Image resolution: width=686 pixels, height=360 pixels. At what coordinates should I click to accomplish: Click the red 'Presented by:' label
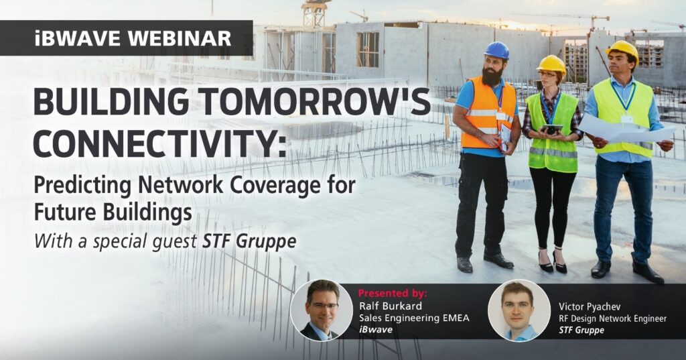pos(393,294)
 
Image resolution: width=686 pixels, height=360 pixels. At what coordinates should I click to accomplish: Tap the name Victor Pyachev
pos(590,306)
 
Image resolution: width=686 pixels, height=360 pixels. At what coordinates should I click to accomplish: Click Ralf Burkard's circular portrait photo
pos(322,310)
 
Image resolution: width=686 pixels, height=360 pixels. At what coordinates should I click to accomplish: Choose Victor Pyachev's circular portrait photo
pos(519,310)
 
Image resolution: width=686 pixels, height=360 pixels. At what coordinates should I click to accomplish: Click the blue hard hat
pos(496,50)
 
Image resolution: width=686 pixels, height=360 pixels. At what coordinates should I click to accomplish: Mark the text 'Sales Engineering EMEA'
pos(414,318)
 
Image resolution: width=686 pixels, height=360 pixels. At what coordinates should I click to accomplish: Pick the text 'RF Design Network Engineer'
pos(612,318)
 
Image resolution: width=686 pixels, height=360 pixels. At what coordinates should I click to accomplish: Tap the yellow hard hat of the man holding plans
pos(622,49)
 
